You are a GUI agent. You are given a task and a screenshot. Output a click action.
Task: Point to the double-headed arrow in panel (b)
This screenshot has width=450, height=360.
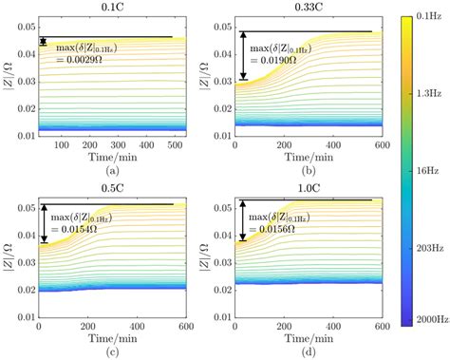(x=244, y=56)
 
